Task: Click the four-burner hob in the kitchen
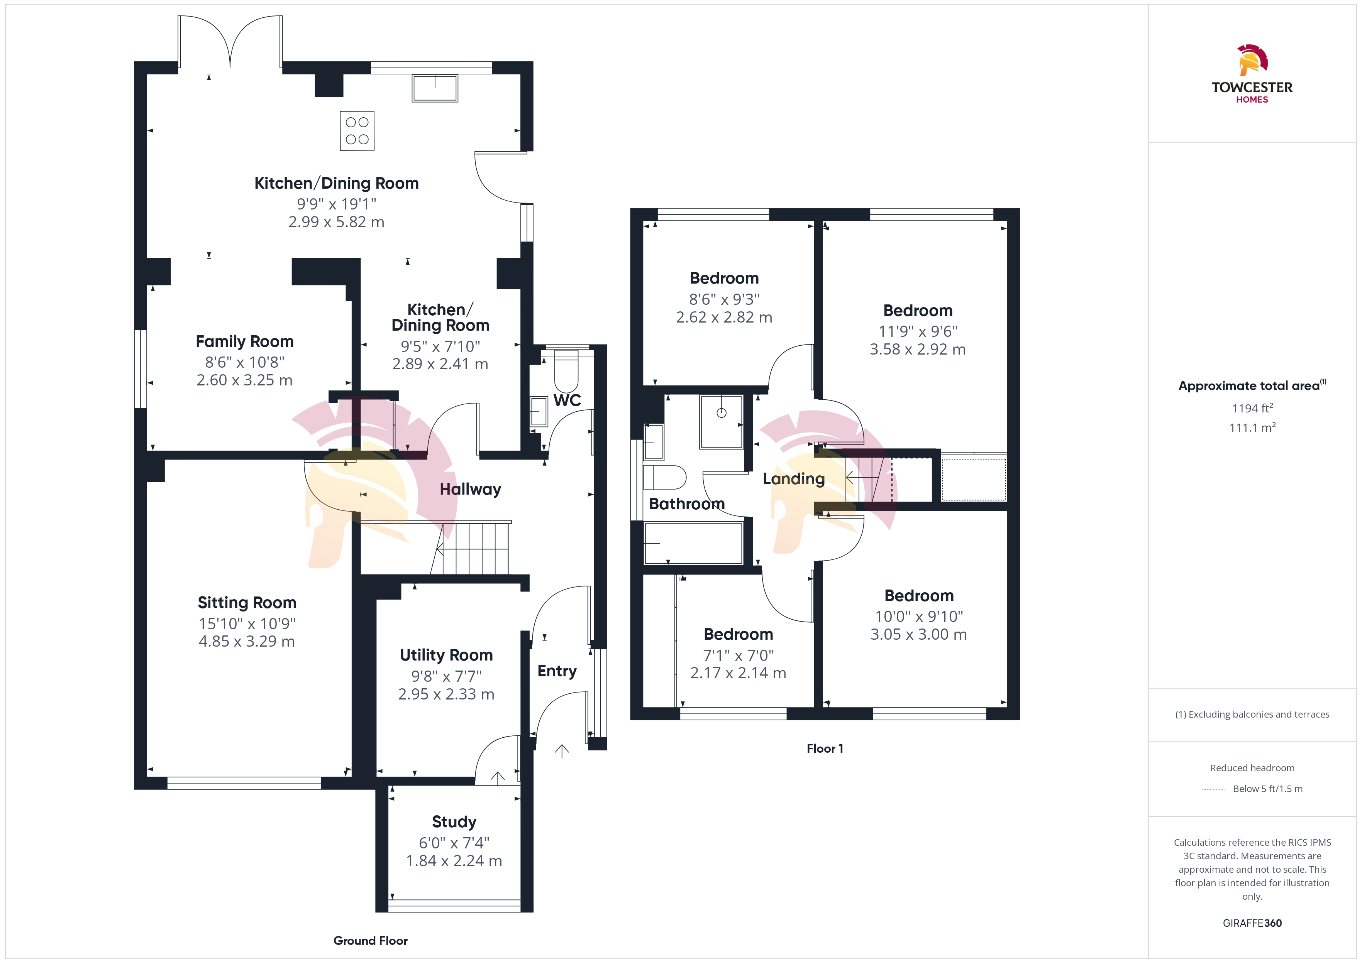(357, 130)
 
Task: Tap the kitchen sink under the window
(435, 88)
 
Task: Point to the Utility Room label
(446, 655)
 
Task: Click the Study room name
(454, 822)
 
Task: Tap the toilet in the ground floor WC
(566, 371)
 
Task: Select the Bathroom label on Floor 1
(687, 504)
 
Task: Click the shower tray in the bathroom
(721, 422)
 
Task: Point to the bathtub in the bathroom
(693, 542)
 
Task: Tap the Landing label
(794, 479)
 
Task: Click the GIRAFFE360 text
(1252, 923)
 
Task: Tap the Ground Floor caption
(371, 941)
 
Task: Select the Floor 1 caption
(825, 748)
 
